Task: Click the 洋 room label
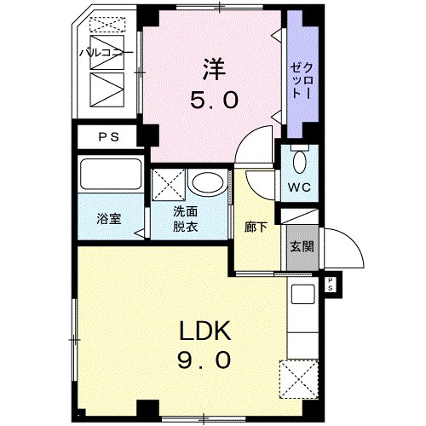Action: tap(214, 69)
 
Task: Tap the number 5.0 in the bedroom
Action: tap(214, 100)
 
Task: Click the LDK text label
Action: tap(205, 331)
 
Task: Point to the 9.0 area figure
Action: tap(204, 360)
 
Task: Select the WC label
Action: tap(299, 187)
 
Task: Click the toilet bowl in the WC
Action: tap(300, 162)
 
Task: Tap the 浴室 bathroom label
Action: tap(109, 219)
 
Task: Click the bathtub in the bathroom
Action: tap(111, 174)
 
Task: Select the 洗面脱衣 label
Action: tap(186, 219)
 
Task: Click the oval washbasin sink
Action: tap(208, 182)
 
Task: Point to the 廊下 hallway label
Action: tap(256, 227)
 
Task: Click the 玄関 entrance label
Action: tap(302, 246)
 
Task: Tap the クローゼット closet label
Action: tap(302, 80)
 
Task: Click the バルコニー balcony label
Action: tap(106, 53)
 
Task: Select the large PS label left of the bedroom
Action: tap(109, 137)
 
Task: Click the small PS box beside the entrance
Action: tap(331, 285)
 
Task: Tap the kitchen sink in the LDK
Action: tap(303, 294)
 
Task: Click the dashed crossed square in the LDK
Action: tap(298, 379)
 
